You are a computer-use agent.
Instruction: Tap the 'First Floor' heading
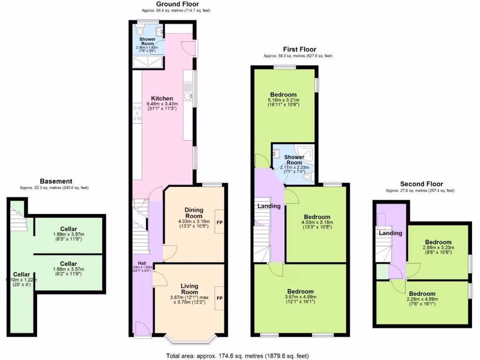[x=299, y=49]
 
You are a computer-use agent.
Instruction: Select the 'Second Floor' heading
[x=421, y=184]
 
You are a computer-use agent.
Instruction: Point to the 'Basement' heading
[x=56, y=181]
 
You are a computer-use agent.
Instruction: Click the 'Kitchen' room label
[x=156, y=98]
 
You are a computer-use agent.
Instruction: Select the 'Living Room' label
[x=189, y=289]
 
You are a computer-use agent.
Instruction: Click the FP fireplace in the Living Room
[x=219, y=298]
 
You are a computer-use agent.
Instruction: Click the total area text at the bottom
[x=238, y=356]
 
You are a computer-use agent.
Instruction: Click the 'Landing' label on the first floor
[x=269, y=206]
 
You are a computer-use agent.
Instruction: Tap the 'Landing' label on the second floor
[x=390, y=233]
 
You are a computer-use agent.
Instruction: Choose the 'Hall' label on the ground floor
[x=140, y=263]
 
